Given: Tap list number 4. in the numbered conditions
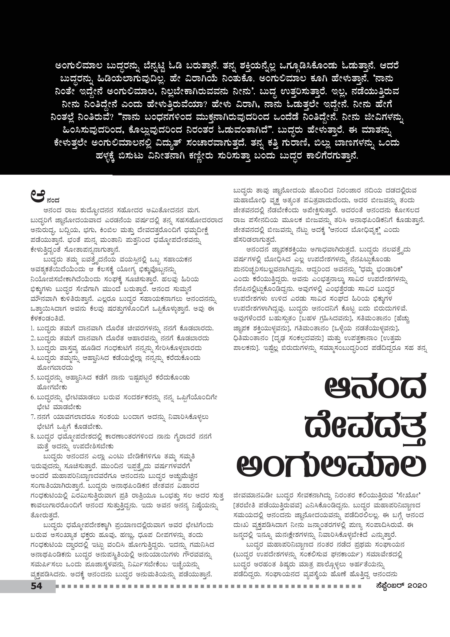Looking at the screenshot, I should [32, 358].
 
